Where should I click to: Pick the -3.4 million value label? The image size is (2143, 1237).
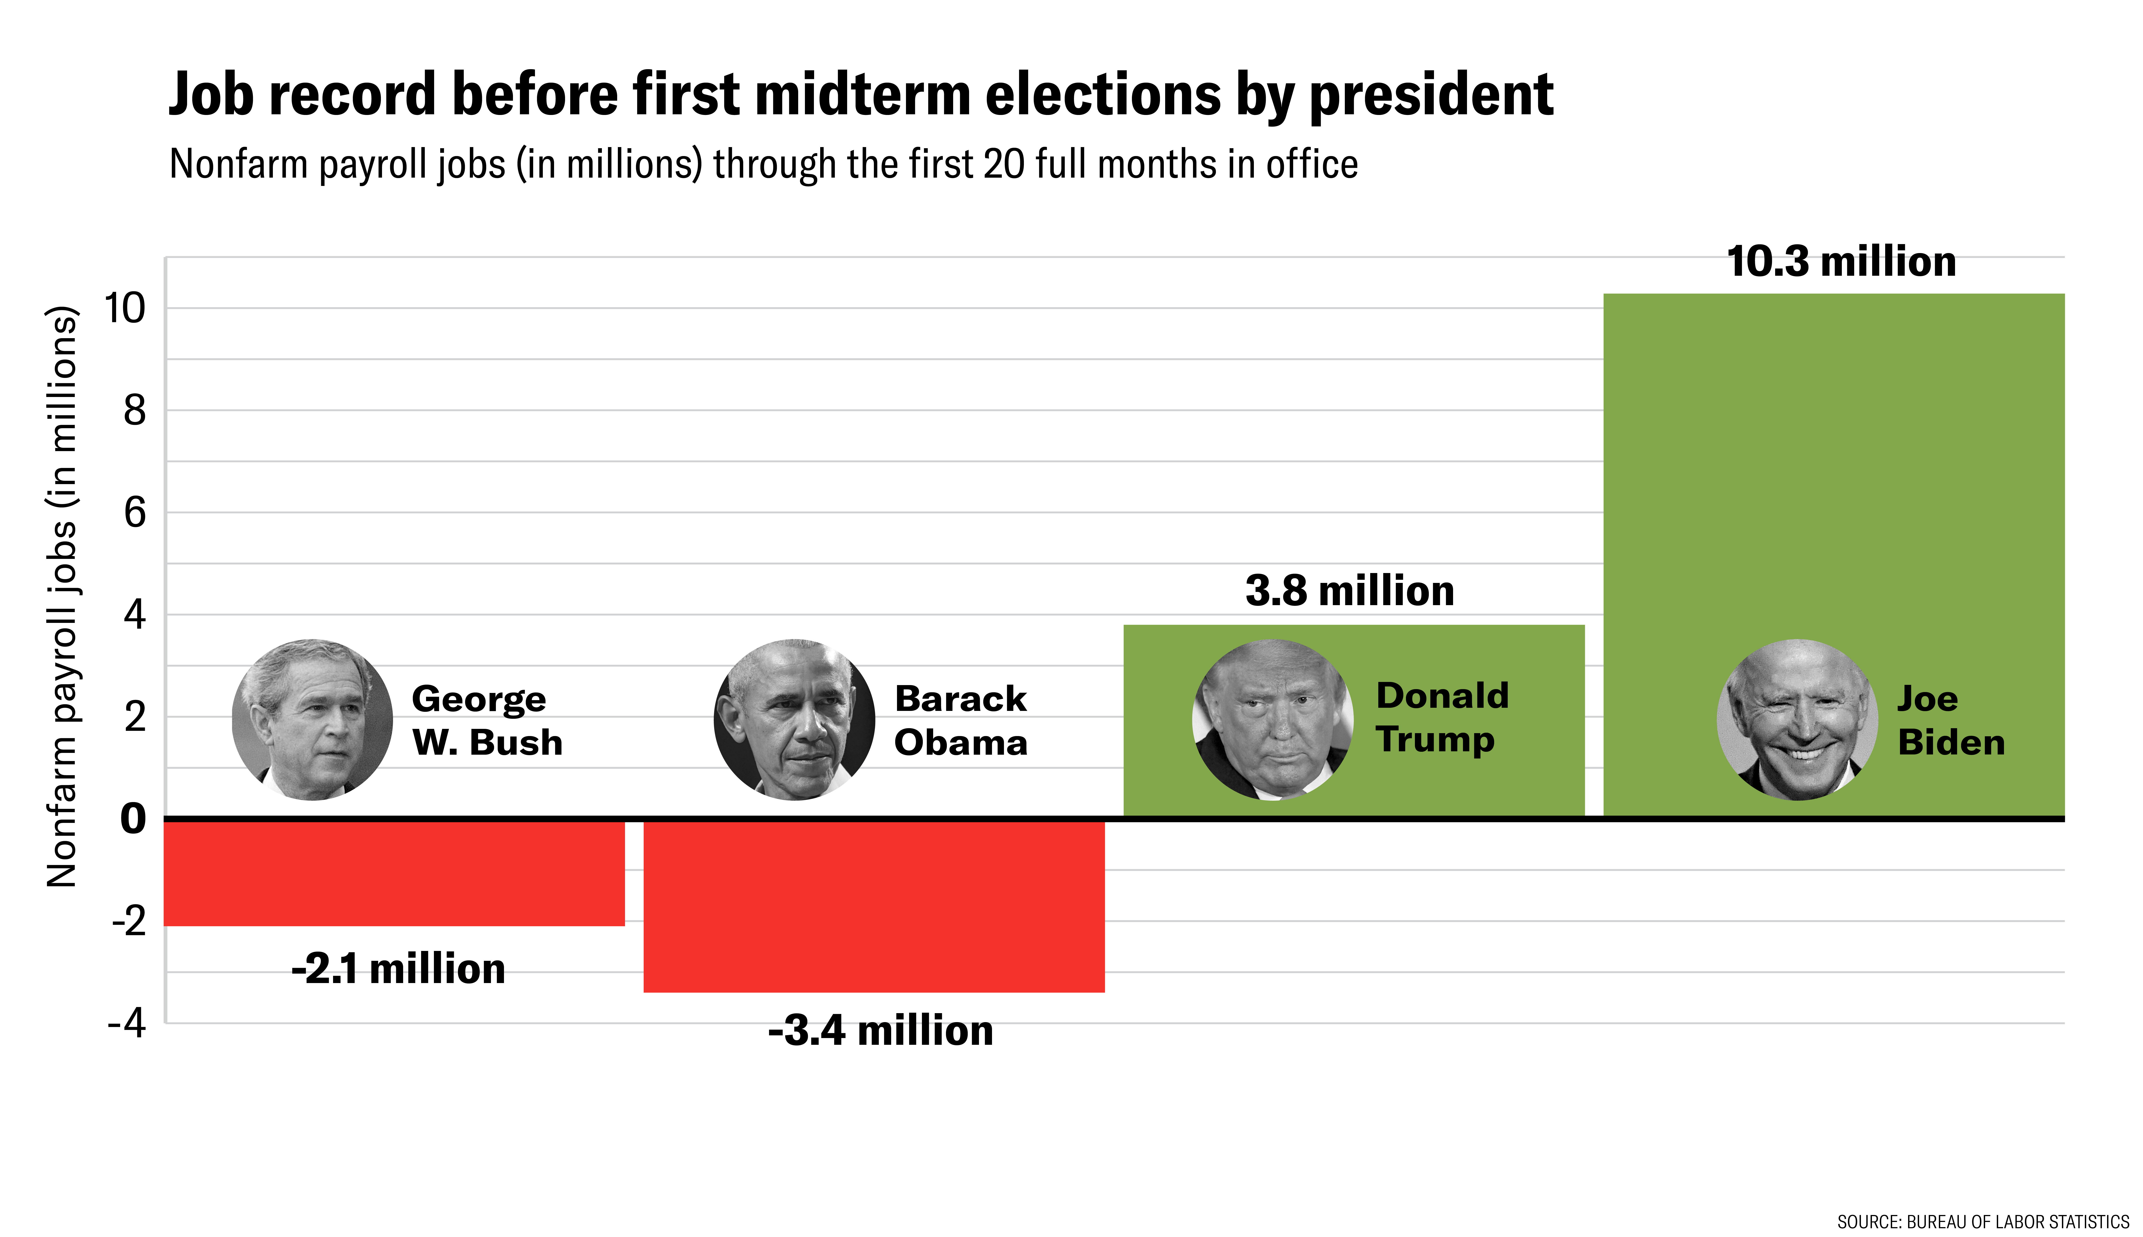pos(880,1031)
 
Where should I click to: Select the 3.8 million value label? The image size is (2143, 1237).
pos(1349,591)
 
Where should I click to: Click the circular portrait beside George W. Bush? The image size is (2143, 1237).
pos(312,720)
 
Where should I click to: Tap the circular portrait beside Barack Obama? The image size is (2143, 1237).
pos(794,720)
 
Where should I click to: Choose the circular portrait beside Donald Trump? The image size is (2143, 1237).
pos(1272,720)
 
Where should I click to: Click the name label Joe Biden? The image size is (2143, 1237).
pos(1950,721)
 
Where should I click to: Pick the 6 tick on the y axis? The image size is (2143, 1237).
pos(134,513)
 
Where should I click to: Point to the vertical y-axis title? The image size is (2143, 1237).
pos(62,597)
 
